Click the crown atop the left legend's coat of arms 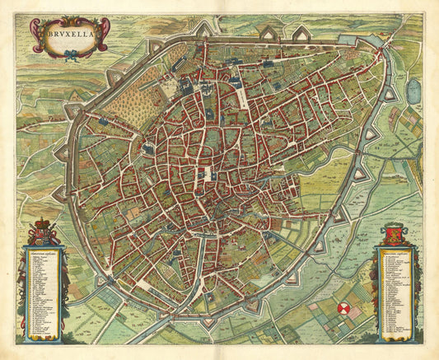(x=44, y=222)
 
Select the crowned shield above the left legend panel (x=44, y=235)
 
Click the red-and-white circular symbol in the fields (x=345, y=309)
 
